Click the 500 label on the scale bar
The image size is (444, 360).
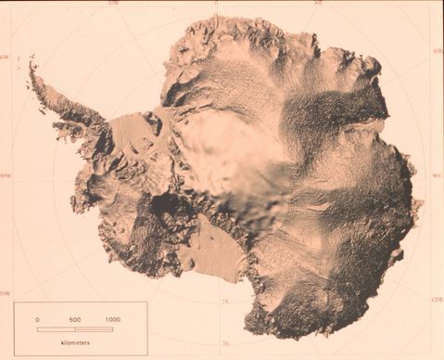coord(75,319)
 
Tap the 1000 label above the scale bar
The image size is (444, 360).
coord(113,319)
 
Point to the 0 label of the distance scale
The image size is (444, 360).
coord(38,319)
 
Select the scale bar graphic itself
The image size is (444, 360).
coord(75,328)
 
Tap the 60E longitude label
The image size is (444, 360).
coord(437,51)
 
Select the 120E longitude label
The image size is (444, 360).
coord(437,299)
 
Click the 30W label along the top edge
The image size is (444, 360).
coord(113,4)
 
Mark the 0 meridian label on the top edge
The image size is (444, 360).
coord(215,4)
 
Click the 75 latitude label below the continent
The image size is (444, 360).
coord(225,302)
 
